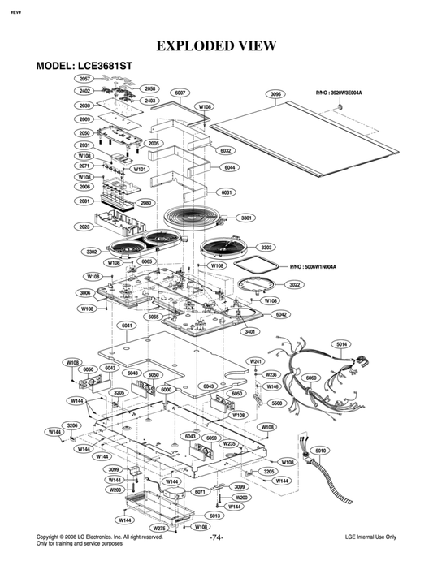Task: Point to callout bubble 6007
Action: pyautogui.click(x=180, y=93)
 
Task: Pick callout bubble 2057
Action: pyautogui.click(x=85, y=79)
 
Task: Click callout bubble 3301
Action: pyautogui.click(x=247, y=218)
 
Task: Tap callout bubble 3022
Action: pyautogui.click(x=295, y=285)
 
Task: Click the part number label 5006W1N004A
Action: pyautogui.click(x=314, y=266)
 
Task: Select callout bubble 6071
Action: pyautogui.click(x=200, y=492)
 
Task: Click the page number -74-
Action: pyautogui.click(x=217, y=538)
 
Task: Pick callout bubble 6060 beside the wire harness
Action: pyautogui.click(x=310, y=378)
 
